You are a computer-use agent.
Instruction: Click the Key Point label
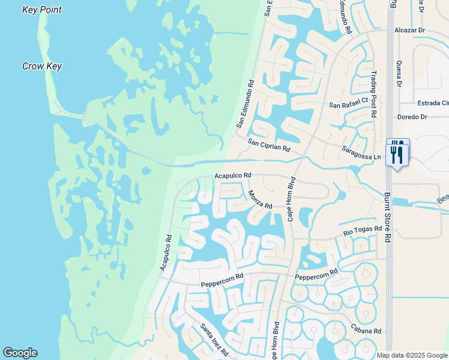pyautogui.click(x=42, y=10)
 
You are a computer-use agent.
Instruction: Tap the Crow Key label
pyautogui.click(x=42, y=67)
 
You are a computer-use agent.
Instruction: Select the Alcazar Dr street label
pyautogui.click(x=409, y=29)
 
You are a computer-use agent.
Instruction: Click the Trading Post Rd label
pyautogui.click(x=373, y=94)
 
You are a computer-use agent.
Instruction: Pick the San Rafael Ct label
pyautogui.click(x=348, y=104)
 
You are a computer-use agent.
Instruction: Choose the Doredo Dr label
pyautogui.click(x=412, y=117)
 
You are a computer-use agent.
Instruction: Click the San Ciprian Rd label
pyautogui.click(x=270, y=145)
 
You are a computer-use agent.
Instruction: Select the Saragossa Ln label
pyautogui.click(x=361, y=154)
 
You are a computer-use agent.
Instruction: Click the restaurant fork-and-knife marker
pyautogui.click(x=397, y=154)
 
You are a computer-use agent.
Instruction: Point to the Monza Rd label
pyautogui.click(x=261, y=200)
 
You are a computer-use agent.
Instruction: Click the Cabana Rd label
pyautogui.click(x=367, y=331)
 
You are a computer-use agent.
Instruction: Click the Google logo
pyautogui.click(x=20, y=353)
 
